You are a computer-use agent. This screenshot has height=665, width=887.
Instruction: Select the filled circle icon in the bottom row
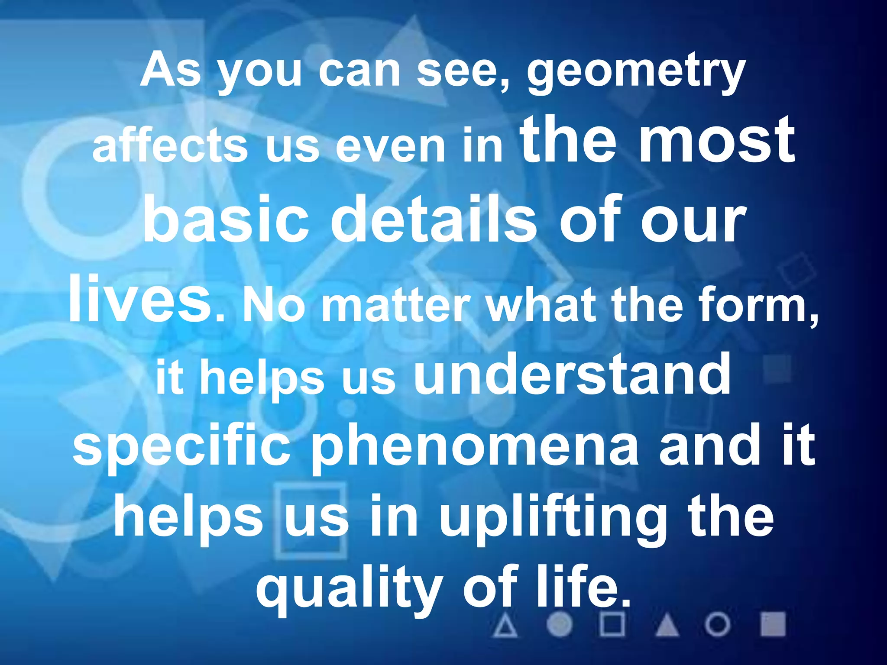point(559,625)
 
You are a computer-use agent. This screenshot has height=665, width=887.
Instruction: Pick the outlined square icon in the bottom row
point(612,625)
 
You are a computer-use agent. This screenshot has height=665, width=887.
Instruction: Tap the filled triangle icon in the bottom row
point(667,625)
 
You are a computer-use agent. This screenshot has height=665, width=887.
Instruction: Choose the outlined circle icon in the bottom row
point(718,625)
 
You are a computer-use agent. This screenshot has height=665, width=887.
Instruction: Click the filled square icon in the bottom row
point(773,624)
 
